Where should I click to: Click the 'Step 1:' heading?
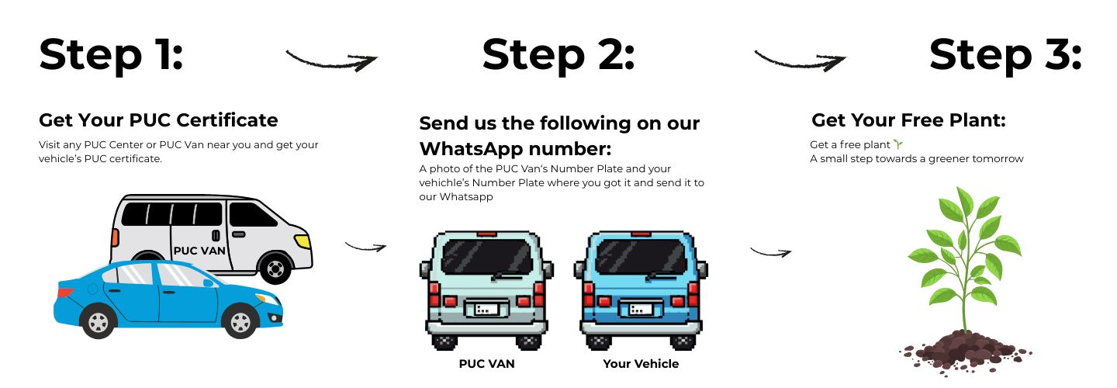pyautogui.click(x=111, y=55)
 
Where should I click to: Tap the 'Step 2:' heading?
pyautogui.click(x=558, y=55)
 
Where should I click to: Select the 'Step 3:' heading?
pyautogui.click(x=1005, y=55)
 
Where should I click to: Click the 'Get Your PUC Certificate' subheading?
pyautogui.click(x=158, y=120)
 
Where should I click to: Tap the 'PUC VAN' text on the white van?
pyautogui.click(x=199, y=251)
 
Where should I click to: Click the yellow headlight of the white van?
pyautogui.click(x=303, y=241)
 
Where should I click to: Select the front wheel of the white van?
pyautogui.click(x=275, y=268)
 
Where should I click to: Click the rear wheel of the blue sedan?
pyautogui.click(x=99, y=322)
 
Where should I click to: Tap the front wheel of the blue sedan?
pyautogui.click(x=240, y=322)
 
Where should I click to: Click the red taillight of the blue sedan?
pyautogui.click(x=65, y=291)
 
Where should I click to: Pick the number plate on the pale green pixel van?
pyautogui.click(x=486, y=309)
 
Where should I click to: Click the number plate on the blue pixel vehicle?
pyautogui.click(x=641, y=309)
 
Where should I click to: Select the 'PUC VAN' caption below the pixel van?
pyautogui.click(x=486, y=364)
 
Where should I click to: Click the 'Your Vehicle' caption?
pyautogui.click(x=641, y=364)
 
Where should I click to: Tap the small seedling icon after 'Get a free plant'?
pyautogui.click(x=898, y=144)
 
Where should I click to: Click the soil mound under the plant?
pyautogui.click(x=966, y=351)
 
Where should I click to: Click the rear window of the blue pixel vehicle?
pyautogui.click(x=641, y=256)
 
